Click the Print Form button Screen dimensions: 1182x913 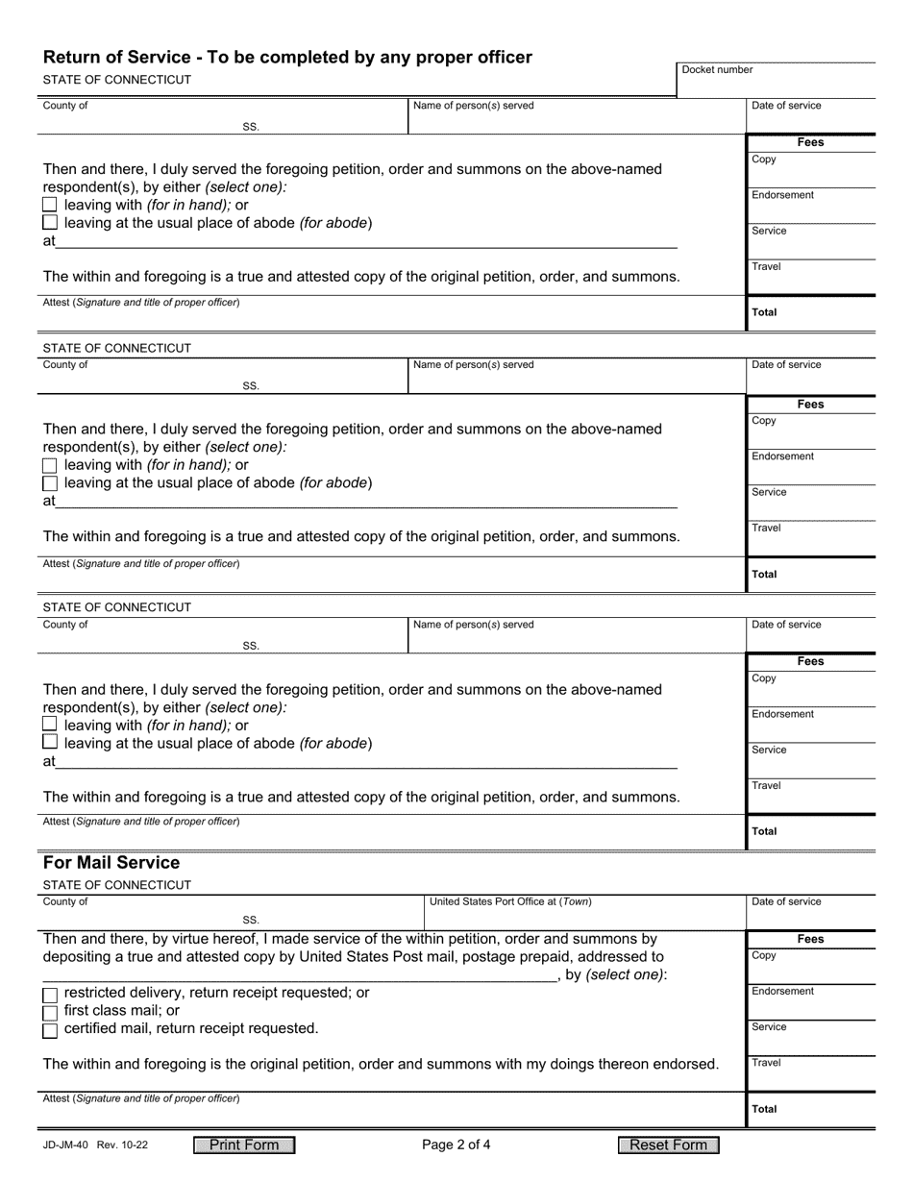point(244,1145)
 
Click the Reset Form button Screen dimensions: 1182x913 point(668,1145)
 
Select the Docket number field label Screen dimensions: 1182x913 point(717,70)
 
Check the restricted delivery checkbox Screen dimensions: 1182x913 point(50,994)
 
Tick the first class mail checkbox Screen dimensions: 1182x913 point(50,1012)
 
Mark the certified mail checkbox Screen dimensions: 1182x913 point(50,1030)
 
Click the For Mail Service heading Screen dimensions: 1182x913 point(111,863)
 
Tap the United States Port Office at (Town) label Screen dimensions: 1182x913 point(510,901)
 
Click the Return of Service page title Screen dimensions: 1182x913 point(286,58)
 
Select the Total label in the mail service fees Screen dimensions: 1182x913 point(765,1109)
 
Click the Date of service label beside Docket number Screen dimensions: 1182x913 point(786,106)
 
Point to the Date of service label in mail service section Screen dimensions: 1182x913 point(786,901)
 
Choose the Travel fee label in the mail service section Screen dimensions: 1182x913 point(766,1063)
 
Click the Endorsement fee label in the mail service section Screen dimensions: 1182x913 point(782,991)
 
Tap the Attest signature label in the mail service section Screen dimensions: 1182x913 point(141,1097)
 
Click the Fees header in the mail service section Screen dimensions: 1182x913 point(810,939)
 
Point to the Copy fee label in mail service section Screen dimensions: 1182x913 point(764,955)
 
